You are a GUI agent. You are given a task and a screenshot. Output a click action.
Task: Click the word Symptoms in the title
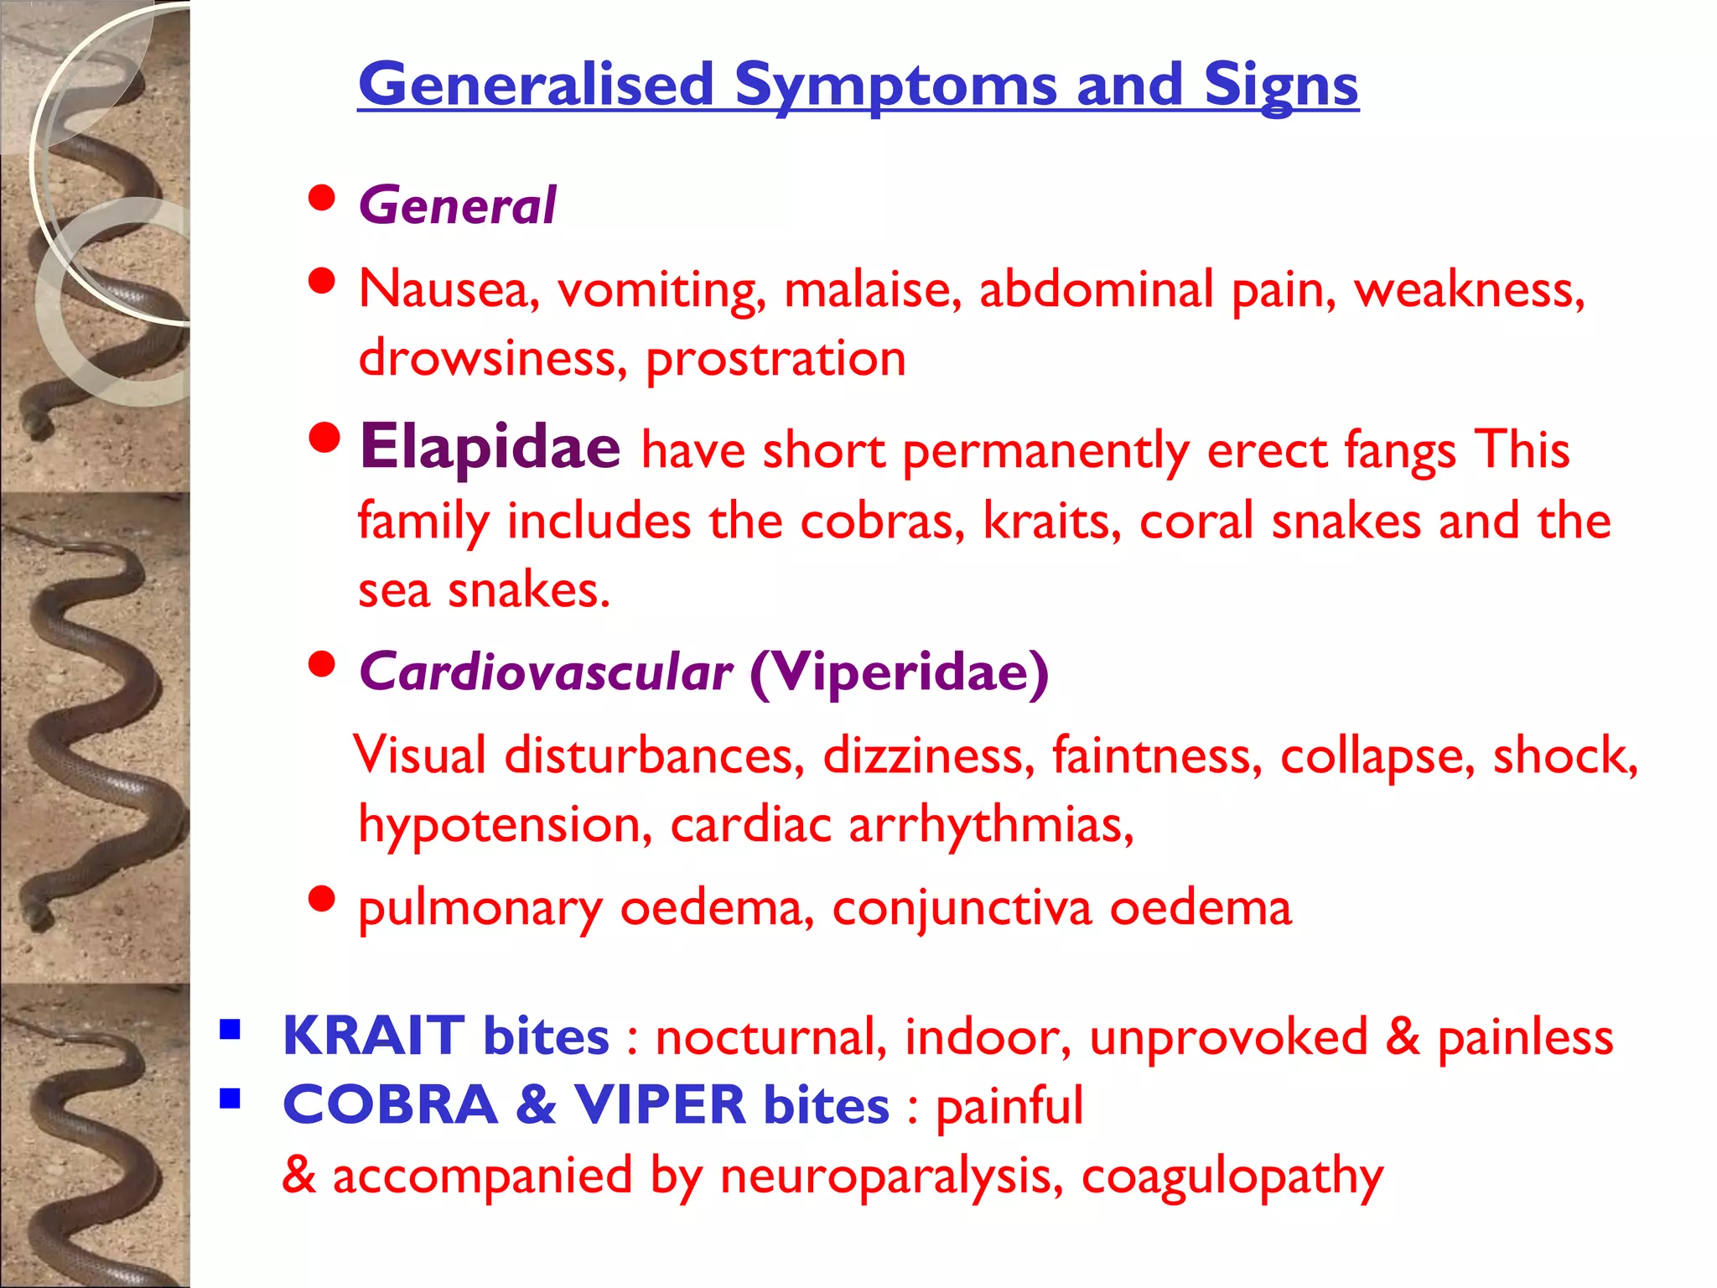(895, 86)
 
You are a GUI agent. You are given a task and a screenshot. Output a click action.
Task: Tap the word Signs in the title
(1281, 86)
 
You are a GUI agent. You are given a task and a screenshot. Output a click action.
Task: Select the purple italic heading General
(457, 205)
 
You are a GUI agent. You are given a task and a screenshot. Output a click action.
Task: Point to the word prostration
(776, 360)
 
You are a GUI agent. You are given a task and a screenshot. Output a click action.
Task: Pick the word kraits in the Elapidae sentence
(1051, 521)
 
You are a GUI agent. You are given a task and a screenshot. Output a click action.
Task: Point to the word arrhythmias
(991, 825)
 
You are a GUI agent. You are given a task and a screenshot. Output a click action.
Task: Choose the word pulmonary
(480, 908)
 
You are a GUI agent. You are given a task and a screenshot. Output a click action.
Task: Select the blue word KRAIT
(373, 1036)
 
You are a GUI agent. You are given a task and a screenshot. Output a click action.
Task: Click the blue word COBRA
(391, 1104)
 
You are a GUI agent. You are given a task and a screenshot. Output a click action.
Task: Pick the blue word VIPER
(660, 1104)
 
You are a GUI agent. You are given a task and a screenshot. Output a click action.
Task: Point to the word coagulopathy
(1232, 1176)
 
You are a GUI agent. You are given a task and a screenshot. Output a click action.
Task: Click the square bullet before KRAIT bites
(230, 1029)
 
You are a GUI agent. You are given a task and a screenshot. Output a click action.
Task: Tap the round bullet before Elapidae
(324, 437)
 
